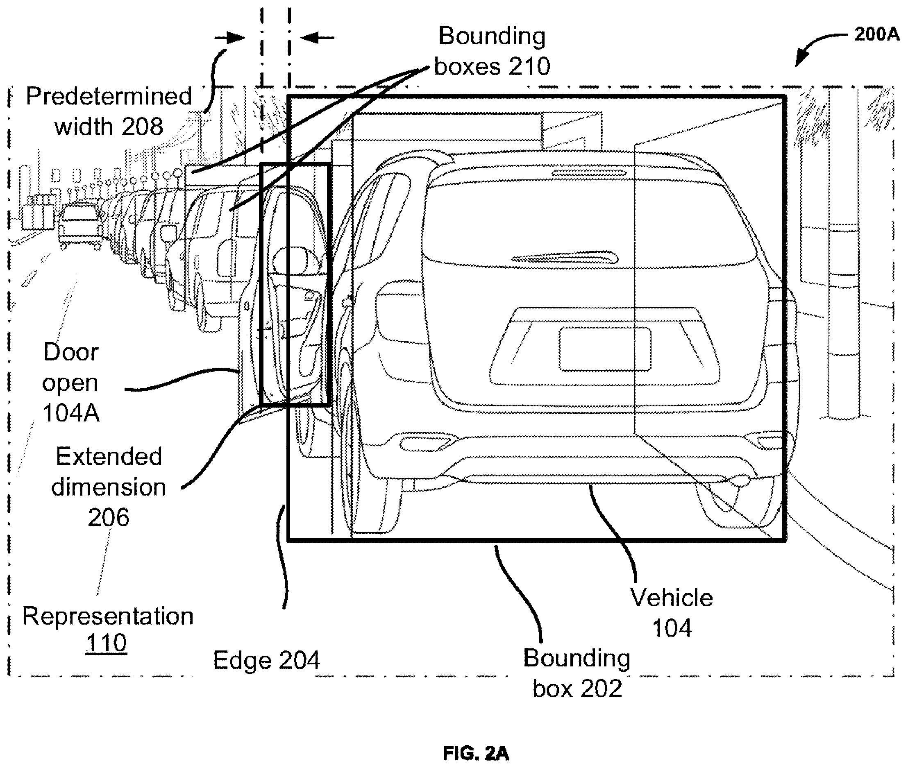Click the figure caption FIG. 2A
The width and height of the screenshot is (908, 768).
[476, 753]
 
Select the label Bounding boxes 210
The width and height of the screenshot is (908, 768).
[492, 51]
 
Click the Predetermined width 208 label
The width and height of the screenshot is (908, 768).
[109, 111]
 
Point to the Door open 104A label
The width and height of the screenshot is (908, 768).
[70, 382]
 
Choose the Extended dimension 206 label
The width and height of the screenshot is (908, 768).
[109, 486]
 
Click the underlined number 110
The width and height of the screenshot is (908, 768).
[106, 642]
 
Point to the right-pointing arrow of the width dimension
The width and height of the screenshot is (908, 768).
[229, 37]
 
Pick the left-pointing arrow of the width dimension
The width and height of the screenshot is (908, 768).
[318, 37]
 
